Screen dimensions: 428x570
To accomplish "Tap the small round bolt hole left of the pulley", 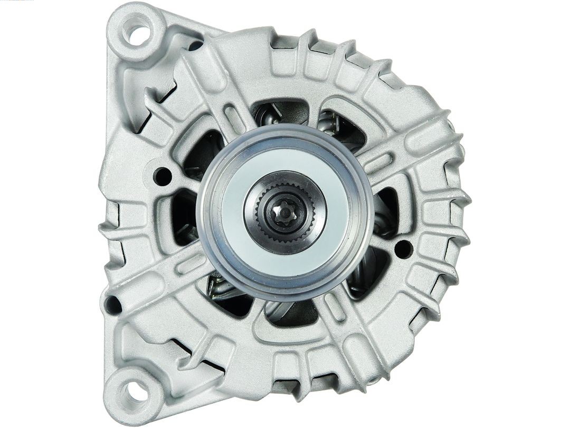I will [163, 176].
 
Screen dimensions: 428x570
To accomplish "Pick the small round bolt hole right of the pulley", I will [403, 248].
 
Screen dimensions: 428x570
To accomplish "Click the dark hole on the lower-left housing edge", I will [113, 304].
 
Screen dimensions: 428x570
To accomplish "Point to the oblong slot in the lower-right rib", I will [335, 306].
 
